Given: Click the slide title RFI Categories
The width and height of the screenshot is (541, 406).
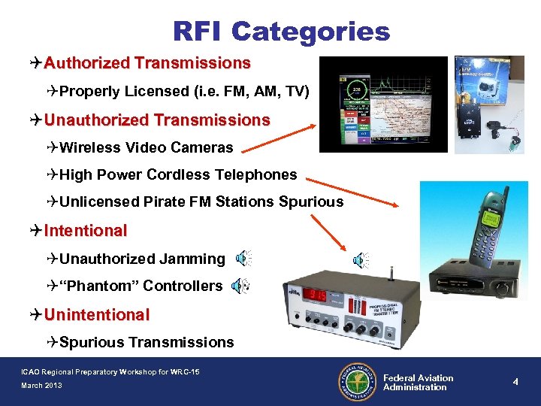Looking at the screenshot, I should coord(281,31).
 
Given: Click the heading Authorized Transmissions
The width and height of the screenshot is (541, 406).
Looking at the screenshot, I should coord(147,62).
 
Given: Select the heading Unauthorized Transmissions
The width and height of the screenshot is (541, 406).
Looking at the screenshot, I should coord(157,120).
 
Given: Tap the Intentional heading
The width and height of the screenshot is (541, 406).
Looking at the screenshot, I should coord(85,230).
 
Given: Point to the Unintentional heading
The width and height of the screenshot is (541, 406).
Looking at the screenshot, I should coord(96,314).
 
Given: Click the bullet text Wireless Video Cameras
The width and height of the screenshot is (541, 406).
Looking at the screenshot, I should coord(146,147).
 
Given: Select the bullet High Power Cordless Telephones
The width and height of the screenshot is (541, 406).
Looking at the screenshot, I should coord(178,174).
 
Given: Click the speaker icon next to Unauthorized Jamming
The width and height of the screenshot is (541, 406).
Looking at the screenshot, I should coord(243,259).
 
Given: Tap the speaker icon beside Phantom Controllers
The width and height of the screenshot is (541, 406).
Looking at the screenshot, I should coord(240,286).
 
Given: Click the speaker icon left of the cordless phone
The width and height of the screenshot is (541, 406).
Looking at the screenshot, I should coord(361,260).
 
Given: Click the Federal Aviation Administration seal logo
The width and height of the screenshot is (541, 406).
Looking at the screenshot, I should coord(357,382).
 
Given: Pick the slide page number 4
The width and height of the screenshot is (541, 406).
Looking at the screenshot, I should coord(515,382).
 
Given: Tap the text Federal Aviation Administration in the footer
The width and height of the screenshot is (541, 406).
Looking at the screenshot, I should coord(418,383).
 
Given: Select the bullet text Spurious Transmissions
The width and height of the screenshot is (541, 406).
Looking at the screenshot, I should coord(147,342).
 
